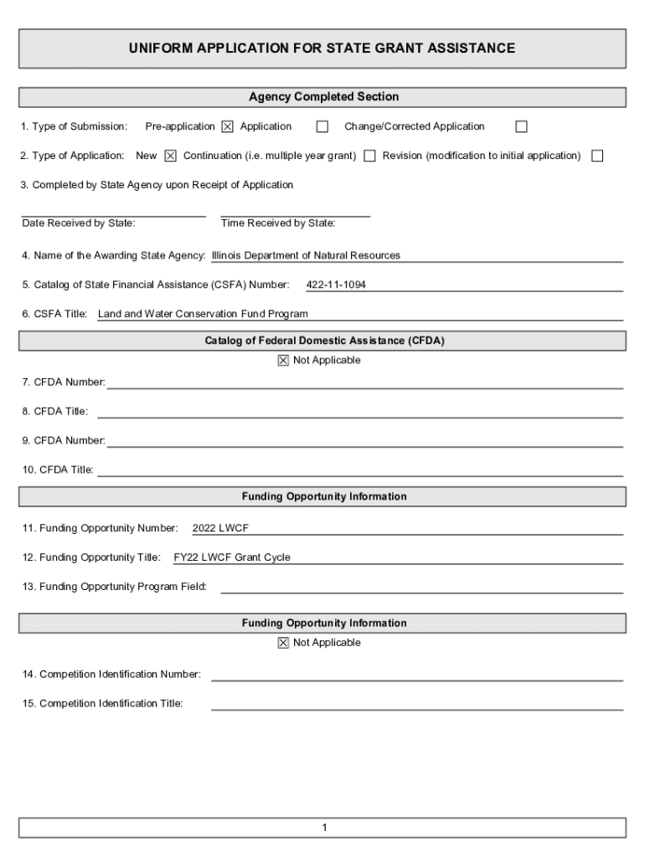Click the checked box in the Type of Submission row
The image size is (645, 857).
point(228,127)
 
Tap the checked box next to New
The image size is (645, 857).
point(171,156)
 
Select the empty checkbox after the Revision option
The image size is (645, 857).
point(597,156)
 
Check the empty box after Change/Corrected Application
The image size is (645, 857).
point(521,127)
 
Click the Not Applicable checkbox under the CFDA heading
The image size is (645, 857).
point(283,361)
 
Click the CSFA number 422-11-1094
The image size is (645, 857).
point(336,285)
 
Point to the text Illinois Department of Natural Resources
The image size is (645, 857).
point(306,255)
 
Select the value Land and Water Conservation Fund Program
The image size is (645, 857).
point(203,315)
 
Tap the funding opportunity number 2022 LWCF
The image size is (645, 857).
point(220,529)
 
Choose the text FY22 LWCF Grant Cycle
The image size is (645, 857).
point(232,557)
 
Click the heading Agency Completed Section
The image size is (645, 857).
point(323,97)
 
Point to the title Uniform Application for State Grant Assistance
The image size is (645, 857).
point(322,49)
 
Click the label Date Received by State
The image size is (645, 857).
point(79,223)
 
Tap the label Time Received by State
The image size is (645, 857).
point(278,223)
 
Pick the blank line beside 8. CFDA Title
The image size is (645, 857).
point(360,413)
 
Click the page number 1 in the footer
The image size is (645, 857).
point(323,829)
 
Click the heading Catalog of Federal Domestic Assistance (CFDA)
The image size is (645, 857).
point(323,341)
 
